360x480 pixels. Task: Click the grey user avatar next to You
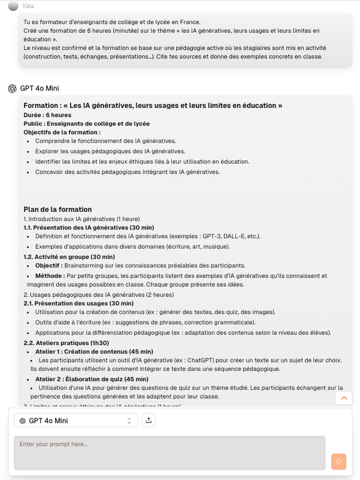pyautogui.click(x=13, y=5)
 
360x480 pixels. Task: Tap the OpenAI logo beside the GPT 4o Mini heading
pyautogui.click(x=12, y=88)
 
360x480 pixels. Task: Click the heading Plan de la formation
pyautogui.click(x=57, y=210)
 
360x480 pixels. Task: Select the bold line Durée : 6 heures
pyautogui.click(x=48, y=115)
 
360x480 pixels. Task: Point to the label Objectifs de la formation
pyautogui.click(x=62, y=132)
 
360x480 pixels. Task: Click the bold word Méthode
pyautogui.click(x=48, y=276)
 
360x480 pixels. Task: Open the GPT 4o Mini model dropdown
pyautogui.click(x=76, y=421)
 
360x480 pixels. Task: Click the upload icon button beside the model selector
pyautogui.click(x=149, y=420)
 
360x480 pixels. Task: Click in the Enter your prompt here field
pyautogui.click(x=169, y=453)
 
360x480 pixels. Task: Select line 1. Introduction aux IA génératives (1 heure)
pyautogui.click(x=82, y=219)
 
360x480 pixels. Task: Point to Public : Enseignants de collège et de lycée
pyautogui.click(x=78, y=123)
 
